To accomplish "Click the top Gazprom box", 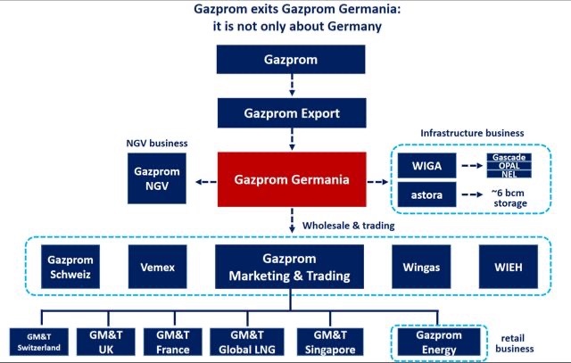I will pyautogui.click(x=291, y=60).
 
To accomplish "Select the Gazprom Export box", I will pyautogui.click(x=291, y=114).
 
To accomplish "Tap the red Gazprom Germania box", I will pyautogui.click(x=291, y=179).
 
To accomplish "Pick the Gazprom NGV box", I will pyautogui.click(x=157, y=177).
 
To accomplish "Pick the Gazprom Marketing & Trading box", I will pyautogui.click(x=291, y=266).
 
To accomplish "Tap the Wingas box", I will pyautogui.click(x=425, y=266).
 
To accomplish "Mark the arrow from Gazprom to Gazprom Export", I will pyautogui.click(x=291, y=87).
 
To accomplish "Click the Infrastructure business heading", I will pyautogui.click(x=472, y=134).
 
